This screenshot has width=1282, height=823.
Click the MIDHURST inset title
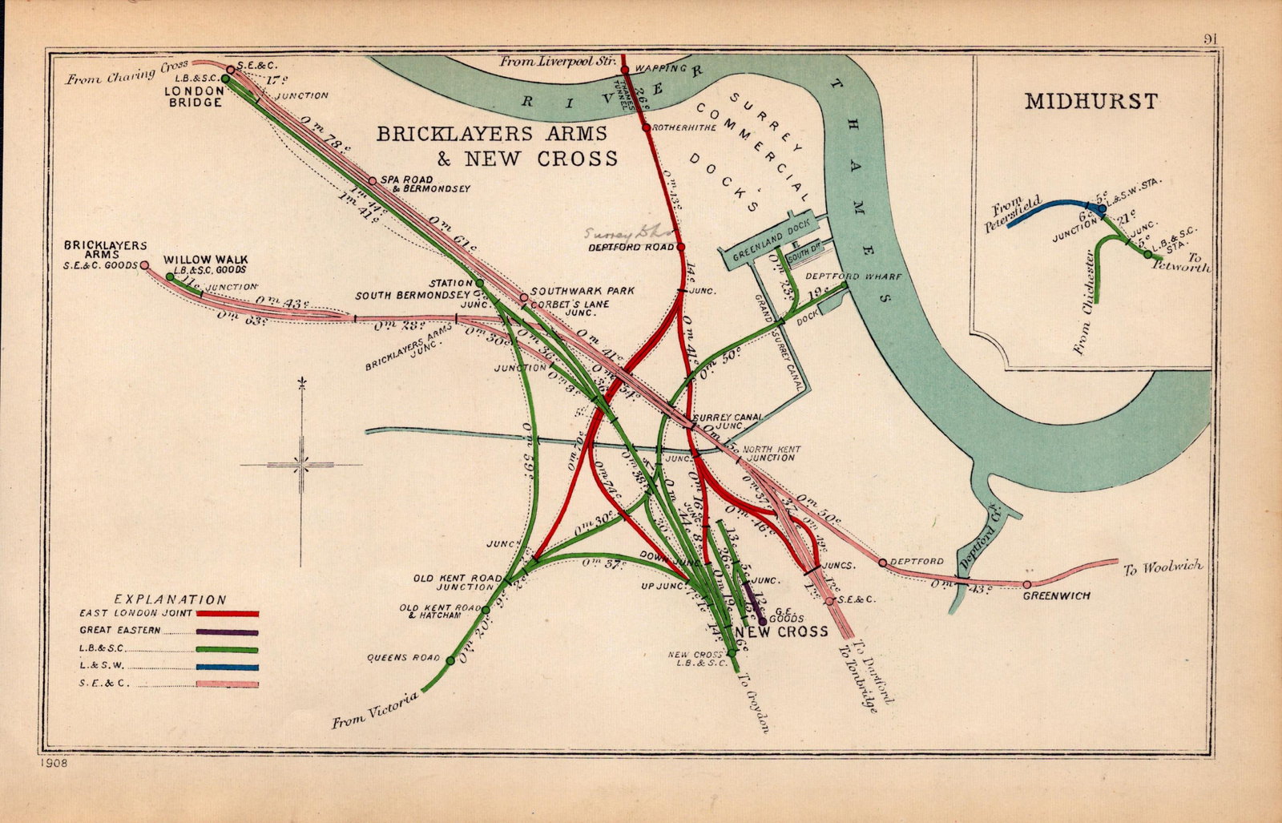click(1091, 102)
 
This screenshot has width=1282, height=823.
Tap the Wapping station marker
click(625, 70)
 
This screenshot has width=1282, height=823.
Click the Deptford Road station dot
click(681, 247)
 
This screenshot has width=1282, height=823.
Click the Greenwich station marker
click(1026, 584)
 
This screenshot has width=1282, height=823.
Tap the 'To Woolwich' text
click(1163, 567)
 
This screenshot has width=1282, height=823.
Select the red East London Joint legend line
click(228, 614)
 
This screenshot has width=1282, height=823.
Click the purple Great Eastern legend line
click(228, 631)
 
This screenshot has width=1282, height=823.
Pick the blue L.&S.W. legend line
click(228, 667)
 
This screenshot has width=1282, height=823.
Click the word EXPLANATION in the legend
click(171, 599)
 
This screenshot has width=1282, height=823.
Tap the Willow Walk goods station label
click(205, 264)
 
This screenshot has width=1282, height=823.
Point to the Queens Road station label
click(404, 658)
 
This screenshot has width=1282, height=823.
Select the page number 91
click(1211, 38)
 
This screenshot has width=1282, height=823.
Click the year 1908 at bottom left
click(52, 763)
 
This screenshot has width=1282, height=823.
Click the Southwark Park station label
click(571, 291)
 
